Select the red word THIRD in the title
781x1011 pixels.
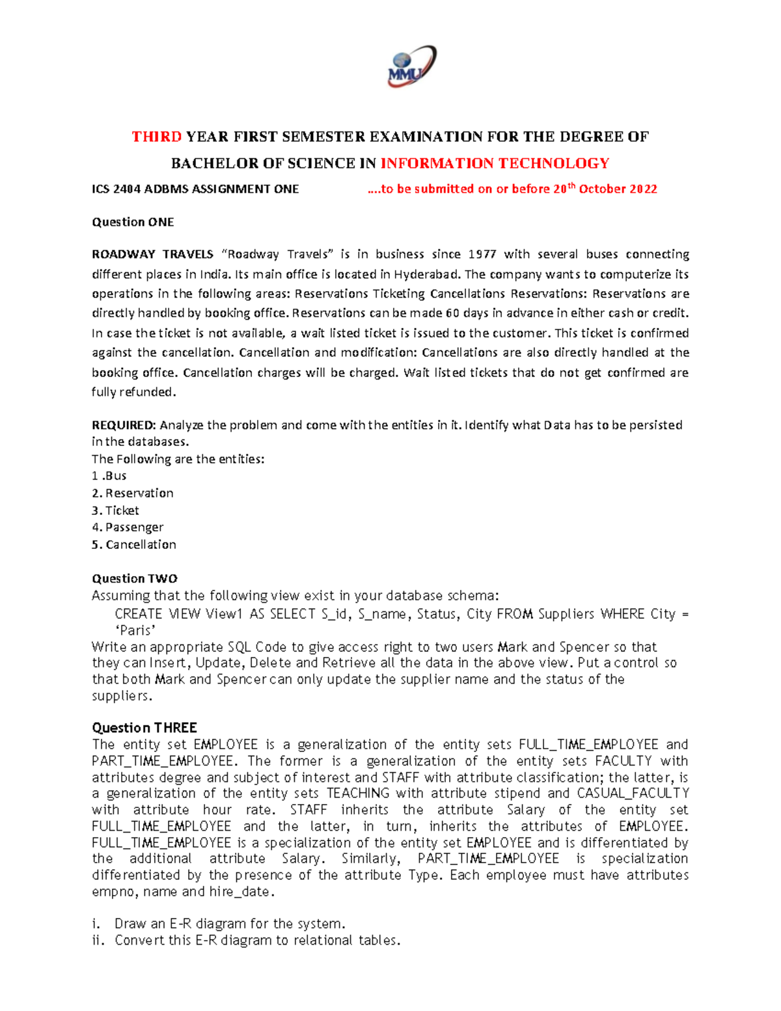(x=156, y=137)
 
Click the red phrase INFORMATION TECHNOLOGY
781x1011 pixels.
(x=495, y=163)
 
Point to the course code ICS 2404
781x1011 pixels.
(x=116, y=189)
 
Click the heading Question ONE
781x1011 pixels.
(x=133, y=223)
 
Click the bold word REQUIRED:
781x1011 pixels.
(x=124, y=425)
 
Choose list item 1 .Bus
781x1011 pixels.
(x=109, y=476)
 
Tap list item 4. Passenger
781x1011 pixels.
(x=128, y=527)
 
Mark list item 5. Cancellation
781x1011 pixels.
(x=134, y=545)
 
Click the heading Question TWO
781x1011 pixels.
(x=135, y=579)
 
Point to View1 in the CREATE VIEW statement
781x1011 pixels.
(x=224, y=614)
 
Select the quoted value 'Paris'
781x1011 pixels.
(x=135, y=631)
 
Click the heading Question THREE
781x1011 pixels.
(x=144, y=728)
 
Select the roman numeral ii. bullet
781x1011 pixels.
(x=98, y=941)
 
